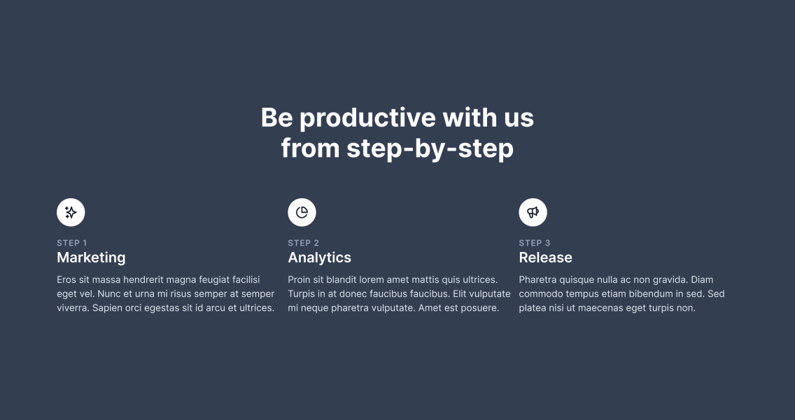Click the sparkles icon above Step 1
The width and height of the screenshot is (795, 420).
point(71,213)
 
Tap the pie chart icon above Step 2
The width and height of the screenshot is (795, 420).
point(302,213)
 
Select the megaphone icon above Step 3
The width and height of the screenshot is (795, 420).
point(533,213)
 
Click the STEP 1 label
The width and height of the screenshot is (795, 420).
point(72,243)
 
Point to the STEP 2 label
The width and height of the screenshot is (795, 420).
point(304,243)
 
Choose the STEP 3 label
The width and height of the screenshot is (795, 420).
point(535,243)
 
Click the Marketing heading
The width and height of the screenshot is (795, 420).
point(91,258)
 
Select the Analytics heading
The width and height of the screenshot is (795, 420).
point(319,258)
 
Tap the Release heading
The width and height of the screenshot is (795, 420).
point(546,258)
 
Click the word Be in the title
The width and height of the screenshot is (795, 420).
point(277,118)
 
